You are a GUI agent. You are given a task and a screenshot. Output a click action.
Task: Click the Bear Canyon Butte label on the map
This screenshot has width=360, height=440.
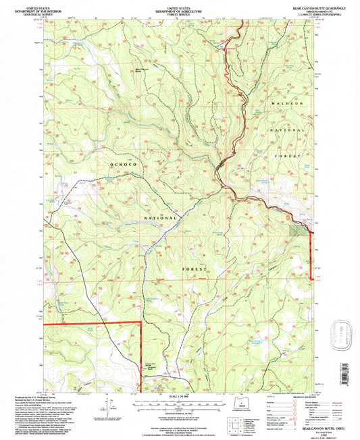(x=142, y=68)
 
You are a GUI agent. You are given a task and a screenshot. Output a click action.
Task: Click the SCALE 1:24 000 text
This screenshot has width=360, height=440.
(x=179, y=397)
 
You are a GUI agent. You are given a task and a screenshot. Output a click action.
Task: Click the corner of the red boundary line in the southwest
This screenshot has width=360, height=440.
(x=140, y=324)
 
